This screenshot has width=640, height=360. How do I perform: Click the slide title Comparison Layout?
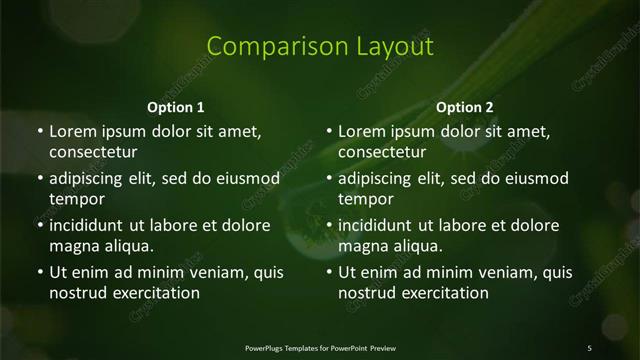[x=320, y=46]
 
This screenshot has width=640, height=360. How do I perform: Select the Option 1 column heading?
[x=176, y=107]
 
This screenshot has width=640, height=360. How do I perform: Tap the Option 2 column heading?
[x=465, y=107]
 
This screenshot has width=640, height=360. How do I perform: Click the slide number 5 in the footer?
[x=589, y=347]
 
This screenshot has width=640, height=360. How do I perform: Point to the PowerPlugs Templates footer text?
[x=320, y=347]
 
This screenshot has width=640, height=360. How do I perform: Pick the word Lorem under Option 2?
[x=362, y=131]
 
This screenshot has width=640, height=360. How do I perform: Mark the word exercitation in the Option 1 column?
[x=151, y=293]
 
